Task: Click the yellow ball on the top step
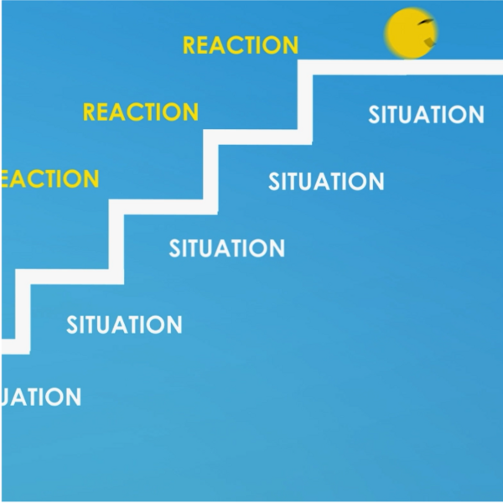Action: pyautogui.click(x=410, y=34)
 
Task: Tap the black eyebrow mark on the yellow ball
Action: pyautogui.click(x=426, y=22)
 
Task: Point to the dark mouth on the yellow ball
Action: pyautogui.click(x=429, y=41)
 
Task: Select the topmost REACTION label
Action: pyautogui.click(x=240, y=45)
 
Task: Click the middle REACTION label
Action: pyautogui.click(x=141, y=111)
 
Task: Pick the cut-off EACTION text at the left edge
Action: pyautogui.click(x=49, y=179)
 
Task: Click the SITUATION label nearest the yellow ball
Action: pyautogui.click(x=426, y=114)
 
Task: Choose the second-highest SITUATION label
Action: pyautogui.click(x=326, y=181)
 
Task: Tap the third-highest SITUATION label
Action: pyautogui.click(x=226, y=248)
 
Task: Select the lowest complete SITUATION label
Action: pyautogui.click(x=124, y=324)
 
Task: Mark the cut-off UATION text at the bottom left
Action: pyautogui.click(x=41, y=397)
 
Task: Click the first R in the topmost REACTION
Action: pyautogui.click(x=190, y=45)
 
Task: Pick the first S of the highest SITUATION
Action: pyautogui.click(x=376, y=114)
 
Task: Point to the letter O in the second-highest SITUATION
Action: pyautogui.click(x=357, y=181)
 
